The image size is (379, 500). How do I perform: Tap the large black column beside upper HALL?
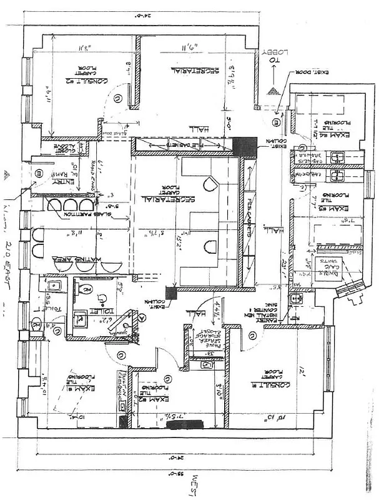(x=244, y=146)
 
